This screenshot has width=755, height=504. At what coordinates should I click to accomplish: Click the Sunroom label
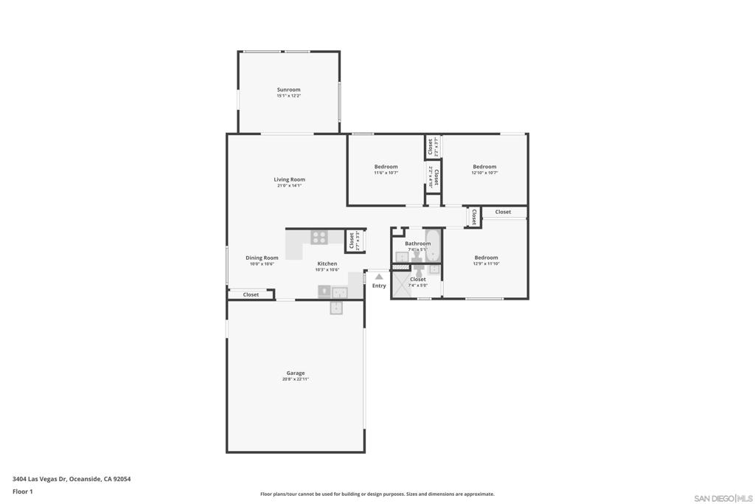tap(288, 89)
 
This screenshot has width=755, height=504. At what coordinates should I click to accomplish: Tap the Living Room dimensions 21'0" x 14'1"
tap(289, 186)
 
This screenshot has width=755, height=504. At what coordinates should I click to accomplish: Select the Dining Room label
tap(262, 258)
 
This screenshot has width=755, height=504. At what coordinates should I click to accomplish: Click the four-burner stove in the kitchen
tap(319, 237)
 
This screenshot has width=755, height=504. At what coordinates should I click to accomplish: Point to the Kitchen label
tap(327, 263)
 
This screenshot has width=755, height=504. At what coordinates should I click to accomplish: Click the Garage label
tap(296, 373)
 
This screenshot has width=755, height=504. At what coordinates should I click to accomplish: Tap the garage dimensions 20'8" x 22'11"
tap(296, 379)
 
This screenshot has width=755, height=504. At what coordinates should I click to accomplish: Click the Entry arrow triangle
tap(379, 277)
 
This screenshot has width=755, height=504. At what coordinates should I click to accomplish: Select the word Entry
tap(379, 286)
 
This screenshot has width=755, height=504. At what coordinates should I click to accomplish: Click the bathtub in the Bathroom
tap(433, 246)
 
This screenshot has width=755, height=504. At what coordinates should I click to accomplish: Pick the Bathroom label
tap(417, 244)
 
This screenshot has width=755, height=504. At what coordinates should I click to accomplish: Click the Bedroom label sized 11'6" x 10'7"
tap(386, 167)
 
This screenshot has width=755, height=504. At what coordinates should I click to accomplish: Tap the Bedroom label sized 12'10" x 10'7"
tap(484, 167)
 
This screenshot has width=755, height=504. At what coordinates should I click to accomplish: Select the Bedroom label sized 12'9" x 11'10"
tap(486, 258)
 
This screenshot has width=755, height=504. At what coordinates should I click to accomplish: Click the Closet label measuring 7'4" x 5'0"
tap(418, 280)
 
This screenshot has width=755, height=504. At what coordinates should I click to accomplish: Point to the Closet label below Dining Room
tap(251, 294)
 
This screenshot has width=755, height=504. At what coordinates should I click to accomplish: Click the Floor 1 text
tap(23, 491)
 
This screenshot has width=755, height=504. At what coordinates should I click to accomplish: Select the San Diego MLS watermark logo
tap(723, 499)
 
